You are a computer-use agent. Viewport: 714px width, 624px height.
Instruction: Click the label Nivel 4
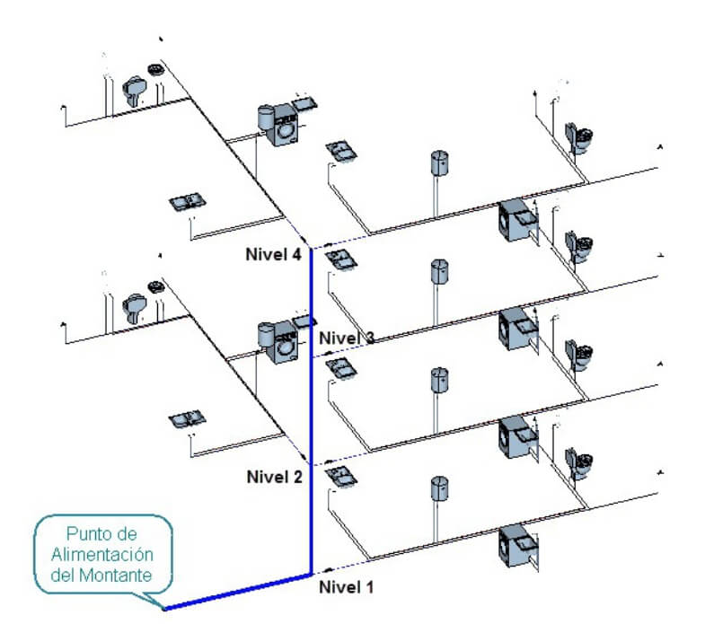pos(273,254)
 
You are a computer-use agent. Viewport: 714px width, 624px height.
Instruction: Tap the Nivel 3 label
pos(347,338)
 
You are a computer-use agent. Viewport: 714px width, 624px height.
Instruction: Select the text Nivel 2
pos(274,477)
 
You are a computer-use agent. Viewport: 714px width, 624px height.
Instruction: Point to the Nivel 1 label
pos(346,586)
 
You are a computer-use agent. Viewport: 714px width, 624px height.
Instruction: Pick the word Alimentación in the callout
pos(102,554)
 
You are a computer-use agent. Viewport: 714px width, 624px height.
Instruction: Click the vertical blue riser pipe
pos(311,411)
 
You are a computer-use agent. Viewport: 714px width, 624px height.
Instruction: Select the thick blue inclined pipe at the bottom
pos(237,592)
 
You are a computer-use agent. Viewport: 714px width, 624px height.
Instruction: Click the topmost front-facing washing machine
pos(283,125)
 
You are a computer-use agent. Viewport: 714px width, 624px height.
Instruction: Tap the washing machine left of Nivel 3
pos(283,342)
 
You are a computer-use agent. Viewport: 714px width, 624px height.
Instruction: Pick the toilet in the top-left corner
pos(135,89)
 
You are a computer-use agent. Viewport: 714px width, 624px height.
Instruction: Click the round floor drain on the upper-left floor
pos(155,70)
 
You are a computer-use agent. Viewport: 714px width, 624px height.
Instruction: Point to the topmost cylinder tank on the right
pos(439,163)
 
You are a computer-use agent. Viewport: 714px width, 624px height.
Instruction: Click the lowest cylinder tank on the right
pos(439,489)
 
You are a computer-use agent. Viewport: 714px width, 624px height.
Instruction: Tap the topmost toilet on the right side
pos(578,138)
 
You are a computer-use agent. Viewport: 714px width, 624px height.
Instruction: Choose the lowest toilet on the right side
pos(578,463)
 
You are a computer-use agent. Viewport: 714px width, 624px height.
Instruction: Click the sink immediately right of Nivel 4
pos(341,259)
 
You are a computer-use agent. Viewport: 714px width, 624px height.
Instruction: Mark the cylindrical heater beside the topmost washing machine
pos(265,117)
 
